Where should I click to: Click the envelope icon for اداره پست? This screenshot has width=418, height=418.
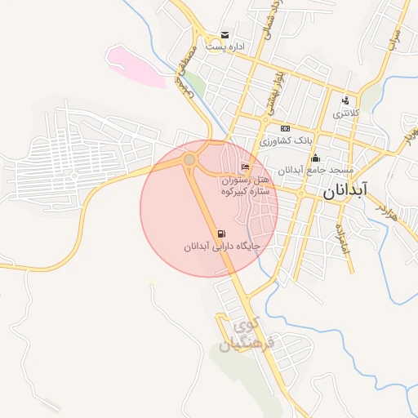[x=225, y=35]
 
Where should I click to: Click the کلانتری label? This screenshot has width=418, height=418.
[x=343, y=113]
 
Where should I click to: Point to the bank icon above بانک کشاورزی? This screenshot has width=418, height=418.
[x=285, y=128]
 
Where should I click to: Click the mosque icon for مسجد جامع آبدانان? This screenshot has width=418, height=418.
[x=316, y=158]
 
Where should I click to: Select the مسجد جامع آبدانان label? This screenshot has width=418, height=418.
[x=313, y=171]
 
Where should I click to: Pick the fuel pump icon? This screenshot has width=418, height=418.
[x=222, y=233]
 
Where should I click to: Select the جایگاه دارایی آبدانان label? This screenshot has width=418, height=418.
[x=220, y=246]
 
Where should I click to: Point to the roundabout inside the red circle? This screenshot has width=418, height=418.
[x=189, y=159]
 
